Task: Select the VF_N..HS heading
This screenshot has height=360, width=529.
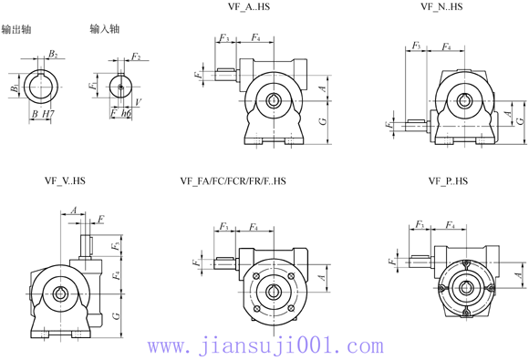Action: (x=441, y=6)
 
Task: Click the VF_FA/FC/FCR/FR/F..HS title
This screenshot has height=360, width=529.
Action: (x=233, y=181)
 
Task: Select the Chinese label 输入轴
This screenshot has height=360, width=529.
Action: (x=105, y=30)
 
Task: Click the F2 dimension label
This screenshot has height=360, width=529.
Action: (x=135, y=57)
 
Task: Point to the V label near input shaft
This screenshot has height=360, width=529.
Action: (x=137, y=103)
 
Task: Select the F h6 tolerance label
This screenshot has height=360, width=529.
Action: (x=119, y=114)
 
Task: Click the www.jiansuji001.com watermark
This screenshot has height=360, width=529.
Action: (x=265, y=346)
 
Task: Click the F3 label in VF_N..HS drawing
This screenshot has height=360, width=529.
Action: (x=416, y=46)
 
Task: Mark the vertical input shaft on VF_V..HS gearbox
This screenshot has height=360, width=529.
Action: (x=88, y=248)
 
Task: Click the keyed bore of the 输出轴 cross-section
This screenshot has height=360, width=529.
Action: (x=42, y=86)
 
